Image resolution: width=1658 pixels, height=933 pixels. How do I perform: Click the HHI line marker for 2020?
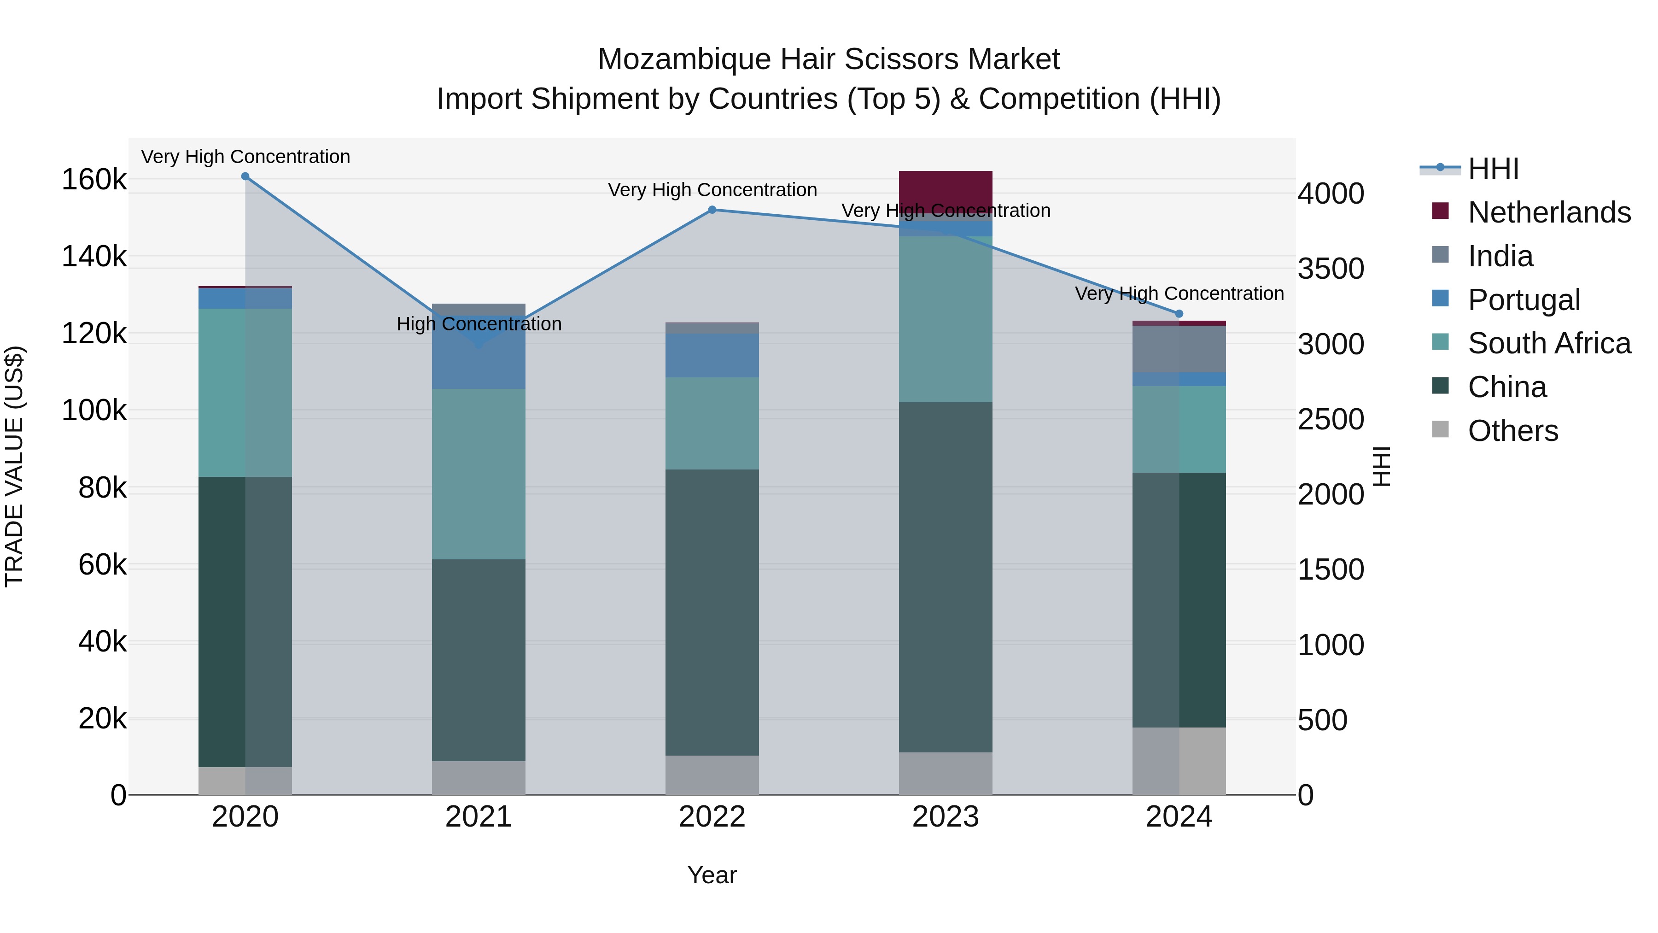coord(245,176)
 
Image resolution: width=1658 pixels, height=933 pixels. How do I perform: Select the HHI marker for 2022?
coord(712,210)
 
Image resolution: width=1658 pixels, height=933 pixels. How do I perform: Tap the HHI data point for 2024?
coord(1179,314)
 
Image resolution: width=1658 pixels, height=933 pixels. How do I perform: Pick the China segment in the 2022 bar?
coord(712,612)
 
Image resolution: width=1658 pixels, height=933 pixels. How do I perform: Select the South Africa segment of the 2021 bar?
coord(479,474)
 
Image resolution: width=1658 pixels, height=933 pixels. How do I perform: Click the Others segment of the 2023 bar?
coord(946,773)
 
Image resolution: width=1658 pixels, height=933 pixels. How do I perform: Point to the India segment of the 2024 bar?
coord(1179,349)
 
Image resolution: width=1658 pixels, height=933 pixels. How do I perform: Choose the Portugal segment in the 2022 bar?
coord(712,355)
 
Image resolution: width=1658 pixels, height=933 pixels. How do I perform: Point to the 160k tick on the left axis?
coord(94,180)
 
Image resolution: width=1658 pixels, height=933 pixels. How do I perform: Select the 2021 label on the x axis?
coord(479,817)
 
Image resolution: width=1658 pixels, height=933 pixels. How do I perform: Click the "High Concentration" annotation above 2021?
coord(479,324)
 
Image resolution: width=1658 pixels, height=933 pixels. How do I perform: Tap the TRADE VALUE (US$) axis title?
coord(14,466)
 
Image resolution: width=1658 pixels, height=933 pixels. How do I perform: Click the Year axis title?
coord(712,875)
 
